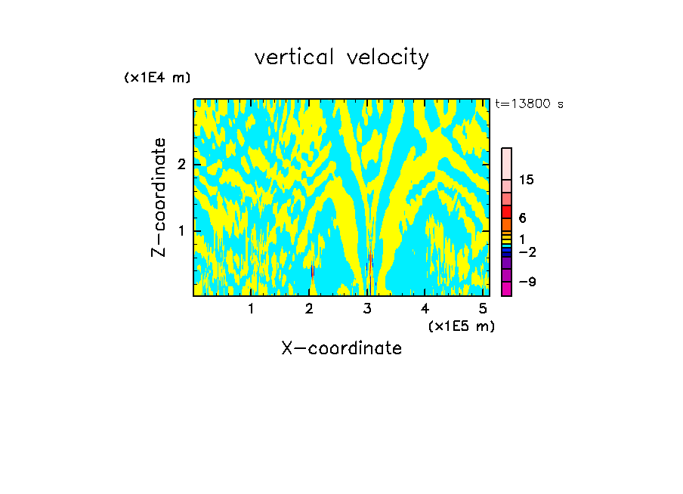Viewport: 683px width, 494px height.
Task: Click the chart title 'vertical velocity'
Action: (341, 57)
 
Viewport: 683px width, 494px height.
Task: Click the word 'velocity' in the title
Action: (388, 57)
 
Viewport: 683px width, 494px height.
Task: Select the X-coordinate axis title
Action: (341, 348)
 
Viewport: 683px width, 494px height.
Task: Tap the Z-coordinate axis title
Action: (159, 197)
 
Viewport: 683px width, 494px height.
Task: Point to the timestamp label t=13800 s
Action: (529, 104)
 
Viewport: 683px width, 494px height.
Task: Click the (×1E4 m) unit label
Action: (157, 78)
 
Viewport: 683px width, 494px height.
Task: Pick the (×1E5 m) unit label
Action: (461, 326)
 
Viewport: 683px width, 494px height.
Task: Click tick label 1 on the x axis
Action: (252, 308)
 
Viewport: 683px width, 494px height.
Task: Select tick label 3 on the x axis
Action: (368, 308)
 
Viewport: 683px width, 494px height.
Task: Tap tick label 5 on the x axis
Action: (484, 308)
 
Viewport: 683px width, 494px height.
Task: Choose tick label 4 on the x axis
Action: (425, 308)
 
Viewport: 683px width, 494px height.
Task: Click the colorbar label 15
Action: (527, 180)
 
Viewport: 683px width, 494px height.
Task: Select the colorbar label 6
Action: (522, 218)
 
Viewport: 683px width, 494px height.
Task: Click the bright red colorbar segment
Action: (506, 211)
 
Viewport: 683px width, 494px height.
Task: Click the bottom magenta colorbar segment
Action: (506, 289)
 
